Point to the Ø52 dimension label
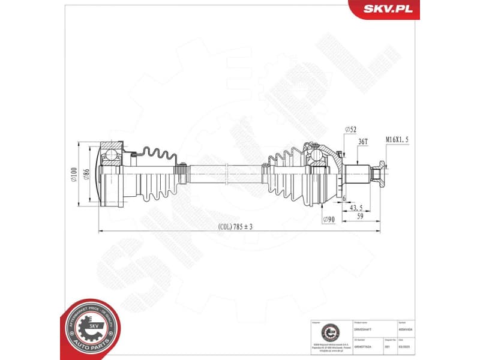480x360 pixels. point(351,130)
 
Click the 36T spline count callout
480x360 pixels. point(362,142)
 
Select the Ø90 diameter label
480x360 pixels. point(328,220)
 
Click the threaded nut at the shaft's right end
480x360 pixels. point(379,174)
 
